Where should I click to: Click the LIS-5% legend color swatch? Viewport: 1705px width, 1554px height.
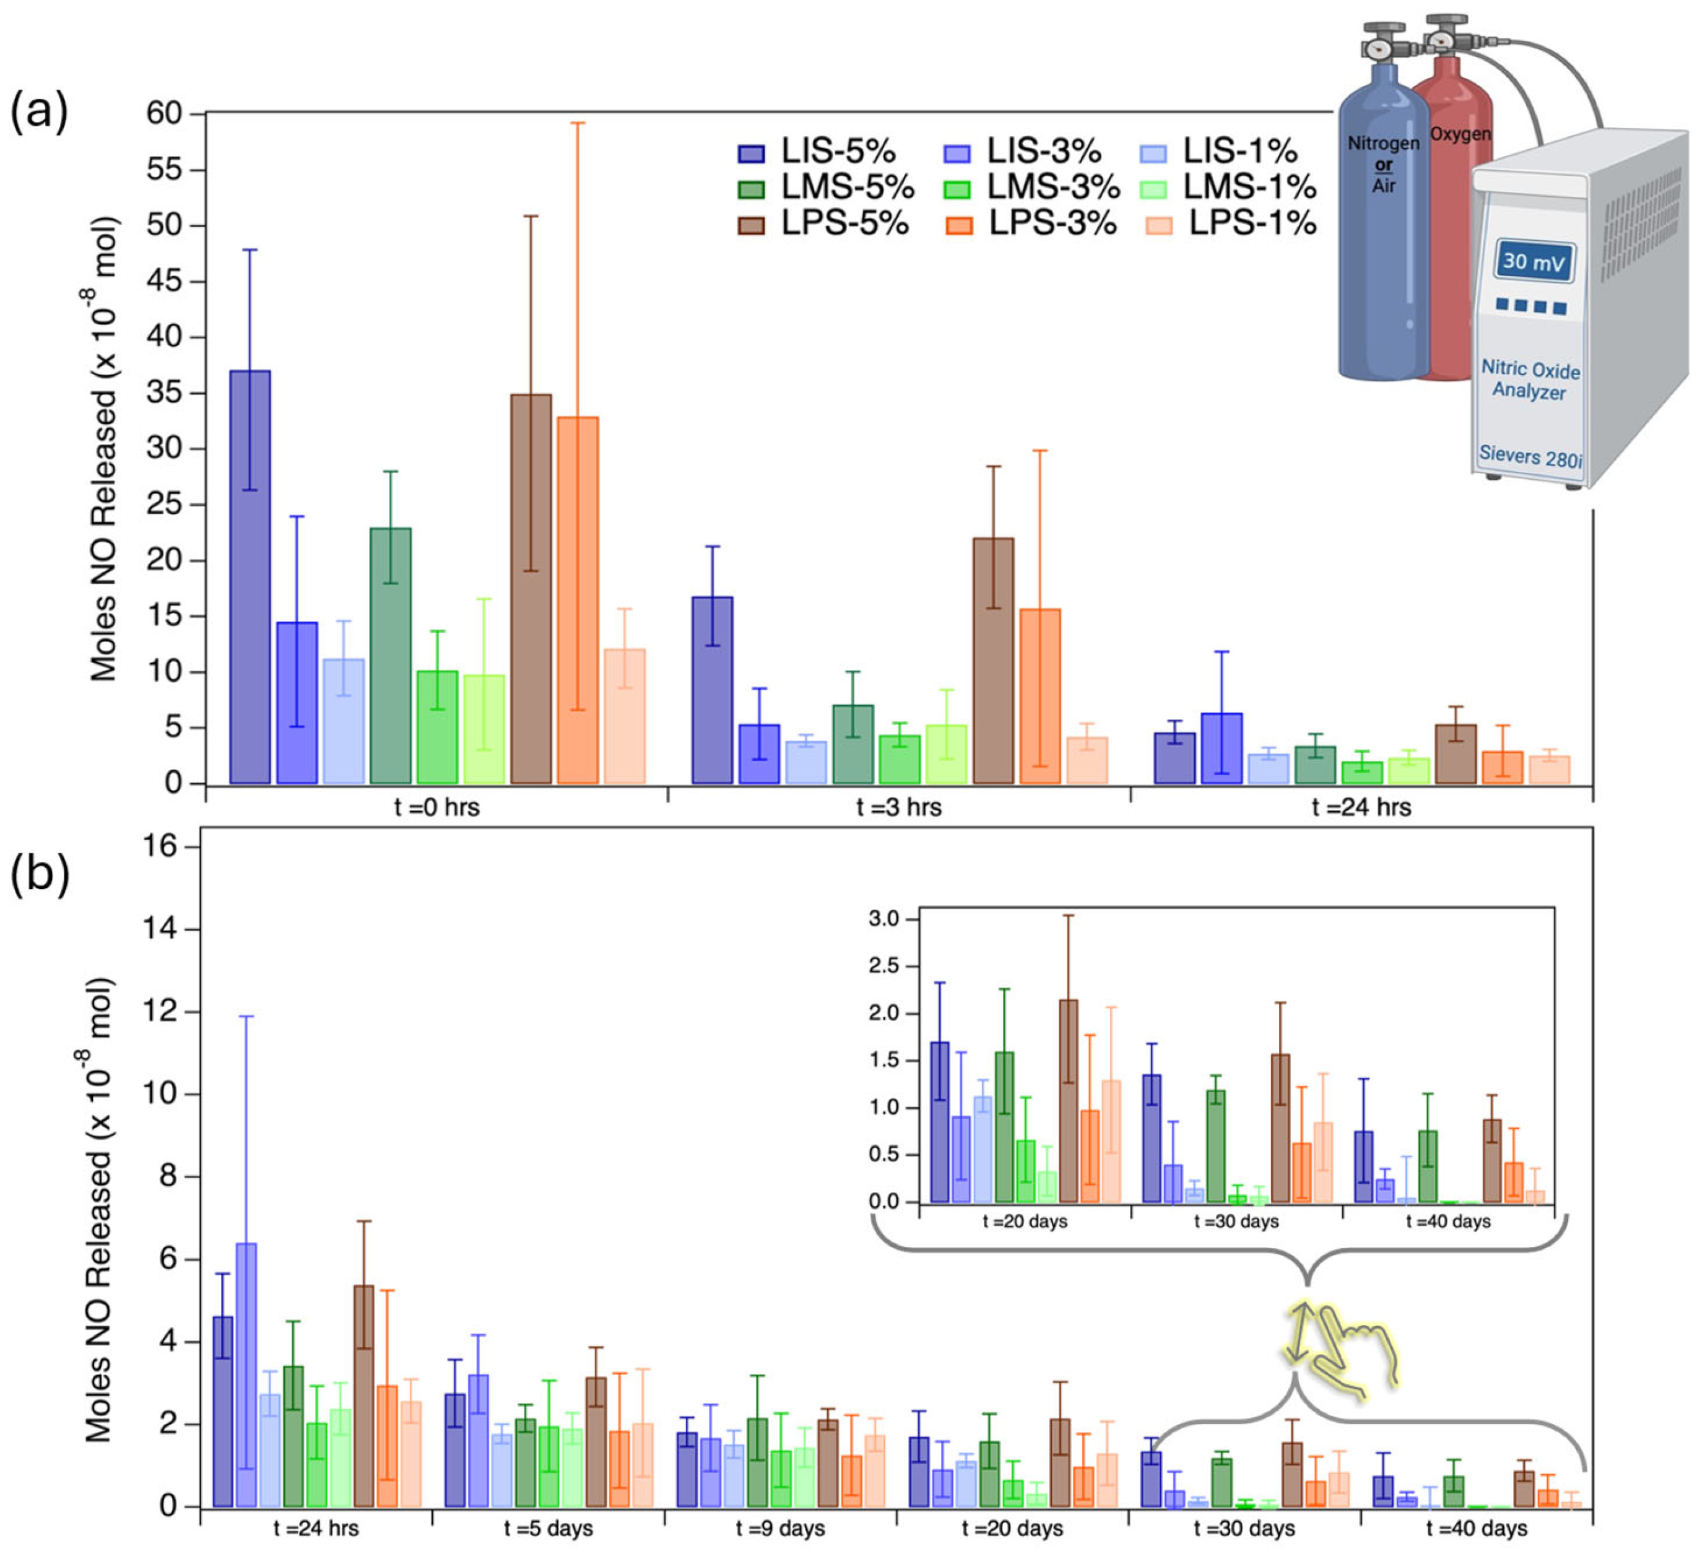tap(751, 153)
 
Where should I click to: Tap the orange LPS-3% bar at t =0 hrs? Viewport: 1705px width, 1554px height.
tap(578, 600)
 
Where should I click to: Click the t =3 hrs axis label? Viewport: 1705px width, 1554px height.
tap(898, 808)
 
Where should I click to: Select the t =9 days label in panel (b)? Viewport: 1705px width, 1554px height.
tap(780, 1529)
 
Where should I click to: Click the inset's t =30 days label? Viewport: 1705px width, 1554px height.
tap(1236, 1222)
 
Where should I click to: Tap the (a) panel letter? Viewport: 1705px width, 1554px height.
tap(39, 110)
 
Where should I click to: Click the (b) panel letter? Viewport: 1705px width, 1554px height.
tap(39, 875)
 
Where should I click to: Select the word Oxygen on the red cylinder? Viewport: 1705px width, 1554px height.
tap(1460, 134)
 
